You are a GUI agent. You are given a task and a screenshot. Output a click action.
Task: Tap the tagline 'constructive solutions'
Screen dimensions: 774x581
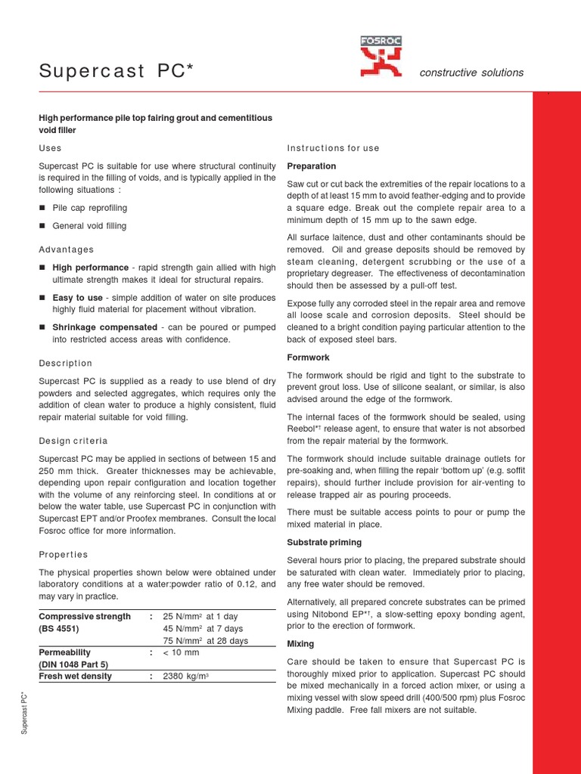(471, 73)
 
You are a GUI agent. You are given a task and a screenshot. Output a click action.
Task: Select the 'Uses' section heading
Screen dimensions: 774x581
(51, 148)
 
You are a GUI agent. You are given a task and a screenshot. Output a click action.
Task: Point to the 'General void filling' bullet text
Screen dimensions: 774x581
(89, 226)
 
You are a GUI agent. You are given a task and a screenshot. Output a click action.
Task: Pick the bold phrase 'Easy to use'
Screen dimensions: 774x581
(76, 297)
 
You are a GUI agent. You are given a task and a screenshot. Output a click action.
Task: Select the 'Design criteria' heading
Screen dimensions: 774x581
(73, 441)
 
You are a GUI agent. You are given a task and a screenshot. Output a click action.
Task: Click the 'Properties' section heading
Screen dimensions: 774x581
(64, 554)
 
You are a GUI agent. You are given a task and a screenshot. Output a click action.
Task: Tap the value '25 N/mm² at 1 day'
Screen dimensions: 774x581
(201, 617)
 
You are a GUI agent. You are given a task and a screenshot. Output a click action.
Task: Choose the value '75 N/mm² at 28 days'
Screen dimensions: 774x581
(205, 641)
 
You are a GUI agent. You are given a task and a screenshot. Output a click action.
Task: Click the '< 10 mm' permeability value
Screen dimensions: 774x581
(182, 652)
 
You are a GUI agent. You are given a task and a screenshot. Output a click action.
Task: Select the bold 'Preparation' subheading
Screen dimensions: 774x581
(312, 166)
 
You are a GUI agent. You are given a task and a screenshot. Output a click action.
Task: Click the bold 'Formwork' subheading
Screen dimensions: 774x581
(308, 358)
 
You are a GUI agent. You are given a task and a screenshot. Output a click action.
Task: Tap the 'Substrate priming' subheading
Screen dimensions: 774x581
(324, 543)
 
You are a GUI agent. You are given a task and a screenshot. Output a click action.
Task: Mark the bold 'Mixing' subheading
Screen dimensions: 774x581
(300, 644)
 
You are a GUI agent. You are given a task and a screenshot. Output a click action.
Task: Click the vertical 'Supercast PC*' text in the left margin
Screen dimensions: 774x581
(24, 711)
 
